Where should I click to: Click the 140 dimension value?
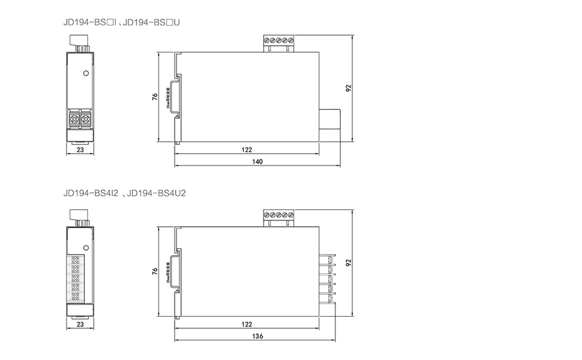pyautogui.click(x=257, y=162)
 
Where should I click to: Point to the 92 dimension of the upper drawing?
pyautogui.click(x=349, y=89)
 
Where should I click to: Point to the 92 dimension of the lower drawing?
pyautogui.click(x=349, y=263)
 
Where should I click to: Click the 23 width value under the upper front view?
pyautogui.click(x=80, y=149)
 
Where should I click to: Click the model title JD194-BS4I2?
pyautogui.click(x=91, y=193)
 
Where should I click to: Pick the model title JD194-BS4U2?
pyautogui.click(x=156, y=193)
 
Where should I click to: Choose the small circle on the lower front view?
pyautogui.click(x=85, y=248)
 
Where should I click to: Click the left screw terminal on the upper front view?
pyautogui.click(x=74, y=119)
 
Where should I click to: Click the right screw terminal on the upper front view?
pyautogui.click(x=85, y=119)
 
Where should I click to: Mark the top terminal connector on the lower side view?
pyautogui.click(x=279, y=217)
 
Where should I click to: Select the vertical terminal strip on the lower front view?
pyautogui.click(x=76, y=278)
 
